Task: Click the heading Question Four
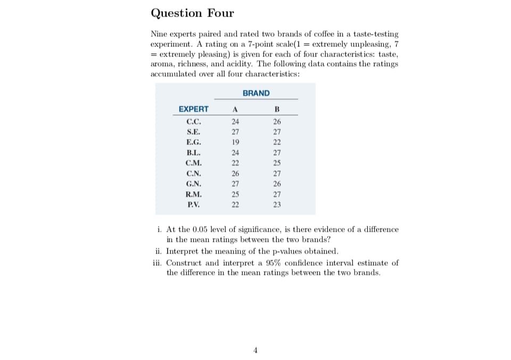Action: [x=192, y=13]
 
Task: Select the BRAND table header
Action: [x=256, y=93]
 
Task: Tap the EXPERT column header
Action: [x=194, y=109]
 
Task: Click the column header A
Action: [x=235, y=110]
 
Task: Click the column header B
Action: [x=276, y=110]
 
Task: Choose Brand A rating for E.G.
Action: [x=235, y=142]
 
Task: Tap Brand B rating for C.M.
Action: [x=276, y=163]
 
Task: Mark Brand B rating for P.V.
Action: [x=276, y=204]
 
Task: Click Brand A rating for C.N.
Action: [x=235, y=173]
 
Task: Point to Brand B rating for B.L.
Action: [x=276, y=152]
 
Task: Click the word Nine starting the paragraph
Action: [x=159, y=34]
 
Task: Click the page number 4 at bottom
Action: [x=256, y=350]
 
